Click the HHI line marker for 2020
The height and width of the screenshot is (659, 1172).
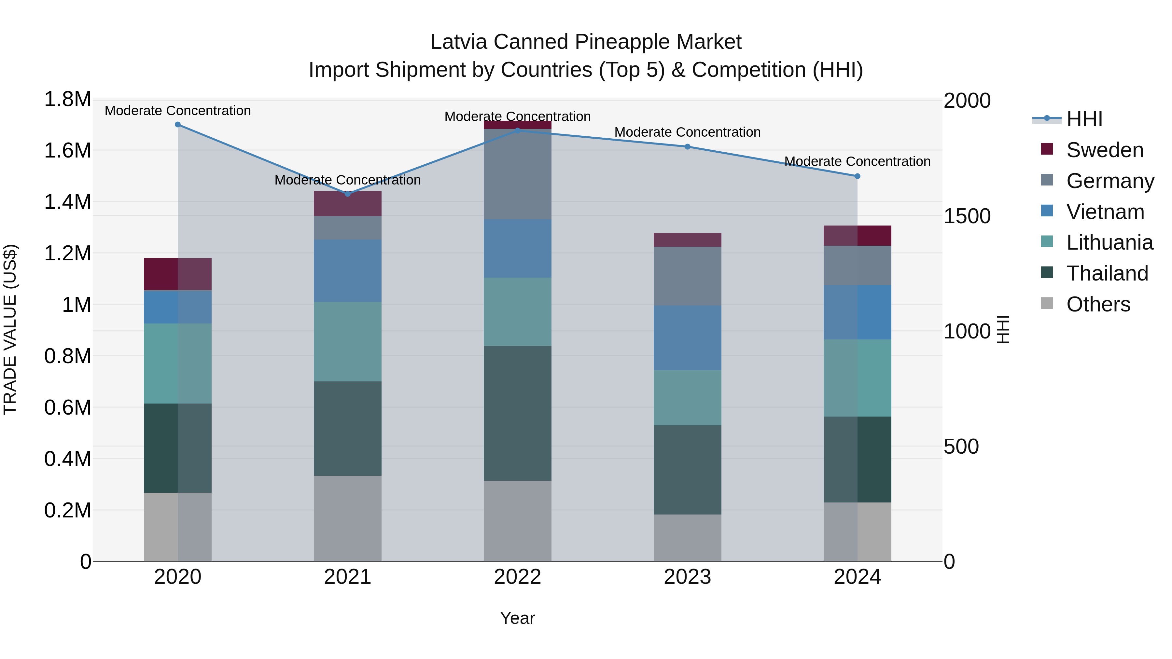pos(178,125)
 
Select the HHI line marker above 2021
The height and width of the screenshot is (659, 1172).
pos(348,194)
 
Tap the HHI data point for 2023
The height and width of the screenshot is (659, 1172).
pos(688,147)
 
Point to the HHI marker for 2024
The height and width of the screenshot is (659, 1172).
pos(857,176)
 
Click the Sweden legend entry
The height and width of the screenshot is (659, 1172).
pos(1104,150)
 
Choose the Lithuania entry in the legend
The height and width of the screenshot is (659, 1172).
pos(1109,242)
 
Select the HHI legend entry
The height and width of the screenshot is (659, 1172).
pos(1084,119)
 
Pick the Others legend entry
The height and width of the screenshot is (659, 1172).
pos(1098,304)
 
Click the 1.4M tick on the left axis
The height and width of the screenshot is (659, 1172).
pos(67,202)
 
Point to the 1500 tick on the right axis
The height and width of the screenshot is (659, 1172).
pos(967,216)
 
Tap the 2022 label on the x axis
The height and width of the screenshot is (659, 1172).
pos(517,577)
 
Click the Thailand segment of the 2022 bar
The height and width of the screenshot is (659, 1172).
pos(517,413)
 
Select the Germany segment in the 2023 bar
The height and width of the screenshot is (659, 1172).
pos(688,276)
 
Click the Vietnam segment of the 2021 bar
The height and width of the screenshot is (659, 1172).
pos(348,271)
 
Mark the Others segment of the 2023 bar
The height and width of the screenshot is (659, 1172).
pos(688,538)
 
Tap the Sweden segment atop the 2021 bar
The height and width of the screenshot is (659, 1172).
pos(348,204)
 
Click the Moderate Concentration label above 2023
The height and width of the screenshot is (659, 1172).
pos(688,132)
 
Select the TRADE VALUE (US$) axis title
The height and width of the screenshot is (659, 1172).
pos(10,329)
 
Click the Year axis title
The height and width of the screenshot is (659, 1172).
pos(517,618)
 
